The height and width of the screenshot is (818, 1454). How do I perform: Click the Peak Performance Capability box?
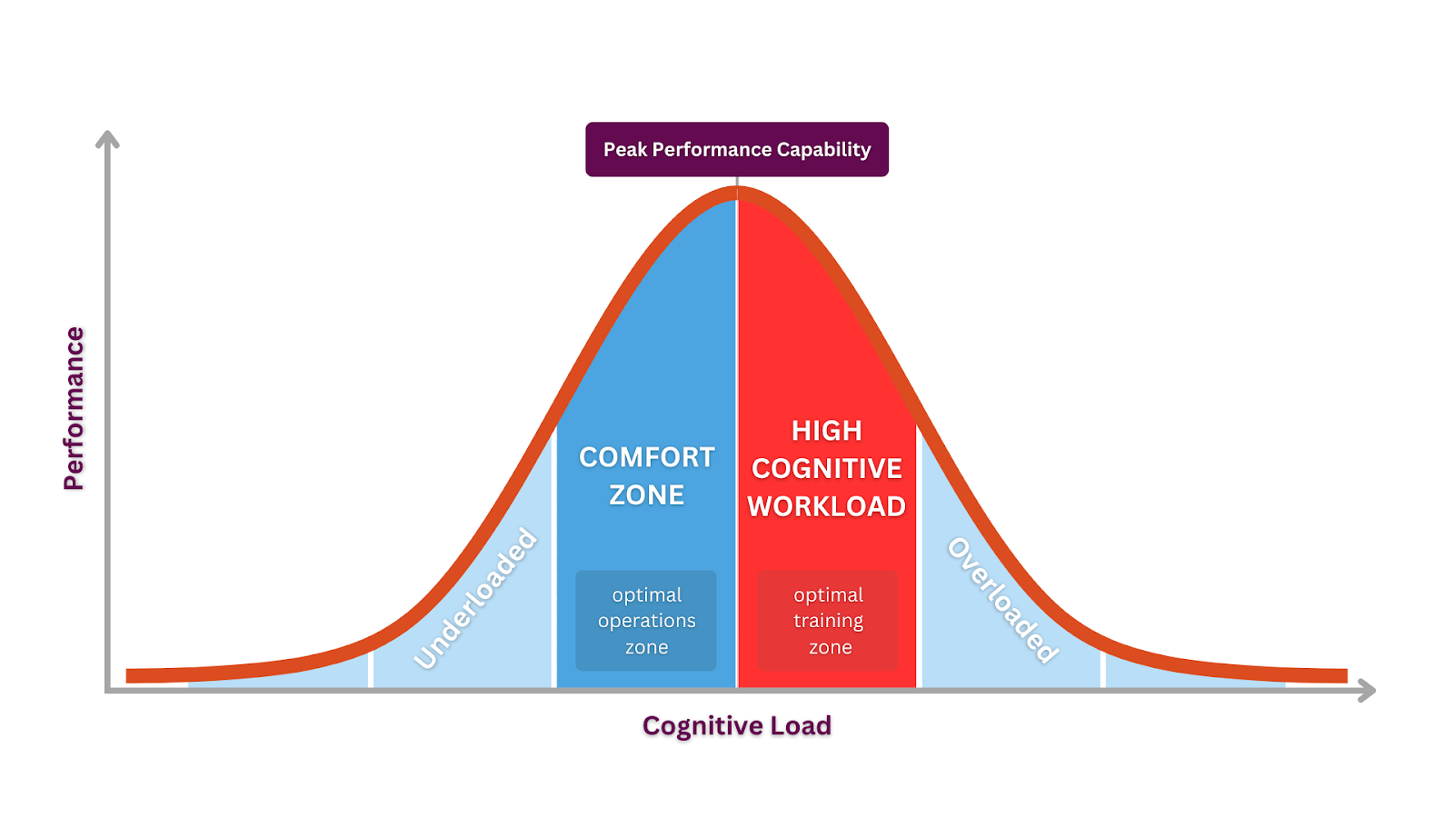(x=737, y=149)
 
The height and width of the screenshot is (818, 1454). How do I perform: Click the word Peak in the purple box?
(x=625, y=149)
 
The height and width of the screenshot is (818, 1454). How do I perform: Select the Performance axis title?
(x=74, y=408)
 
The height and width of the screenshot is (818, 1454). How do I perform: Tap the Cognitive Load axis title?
(x=737, y=725)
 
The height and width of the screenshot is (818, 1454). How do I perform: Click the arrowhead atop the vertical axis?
(x=108, y=139)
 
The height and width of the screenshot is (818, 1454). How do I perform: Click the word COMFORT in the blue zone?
(x=647, y=457)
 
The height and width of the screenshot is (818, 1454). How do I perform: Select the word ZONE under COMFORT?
(x=647, y=495)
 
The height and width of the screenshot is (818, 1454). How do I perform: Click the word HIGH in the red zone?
(x=827, y=430)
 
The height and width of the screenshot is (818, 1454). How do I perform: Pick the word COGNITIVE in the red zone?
(x=827, y=468)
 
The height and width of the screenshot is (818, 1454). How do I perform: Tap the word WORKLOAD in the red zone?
(x=827, y=506)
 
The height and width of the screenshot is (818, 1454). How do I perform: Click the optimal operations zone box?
(x=646, y=621)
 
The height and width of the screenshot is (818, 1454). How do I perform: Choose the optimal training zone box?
(x=828, y=621)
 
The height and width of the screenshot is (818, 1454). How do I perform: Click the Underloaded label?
(x=475, y=599)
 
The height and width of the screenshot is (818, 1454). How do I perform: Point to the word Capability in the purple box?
(x=823, y=149)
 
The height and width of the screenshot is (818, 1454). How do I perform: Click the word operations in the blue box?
(x=646, y=621)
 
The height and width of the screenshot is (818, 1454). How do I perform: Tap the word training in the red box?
(x=828, y=621)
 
